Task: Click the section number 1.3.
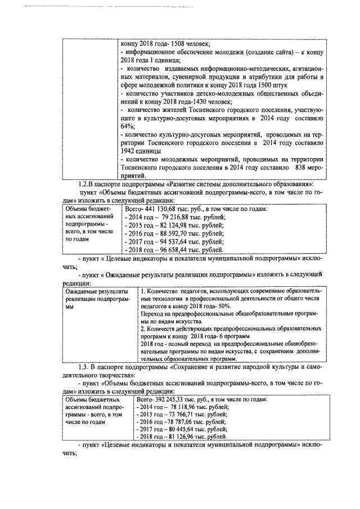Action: pos(84,367)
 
